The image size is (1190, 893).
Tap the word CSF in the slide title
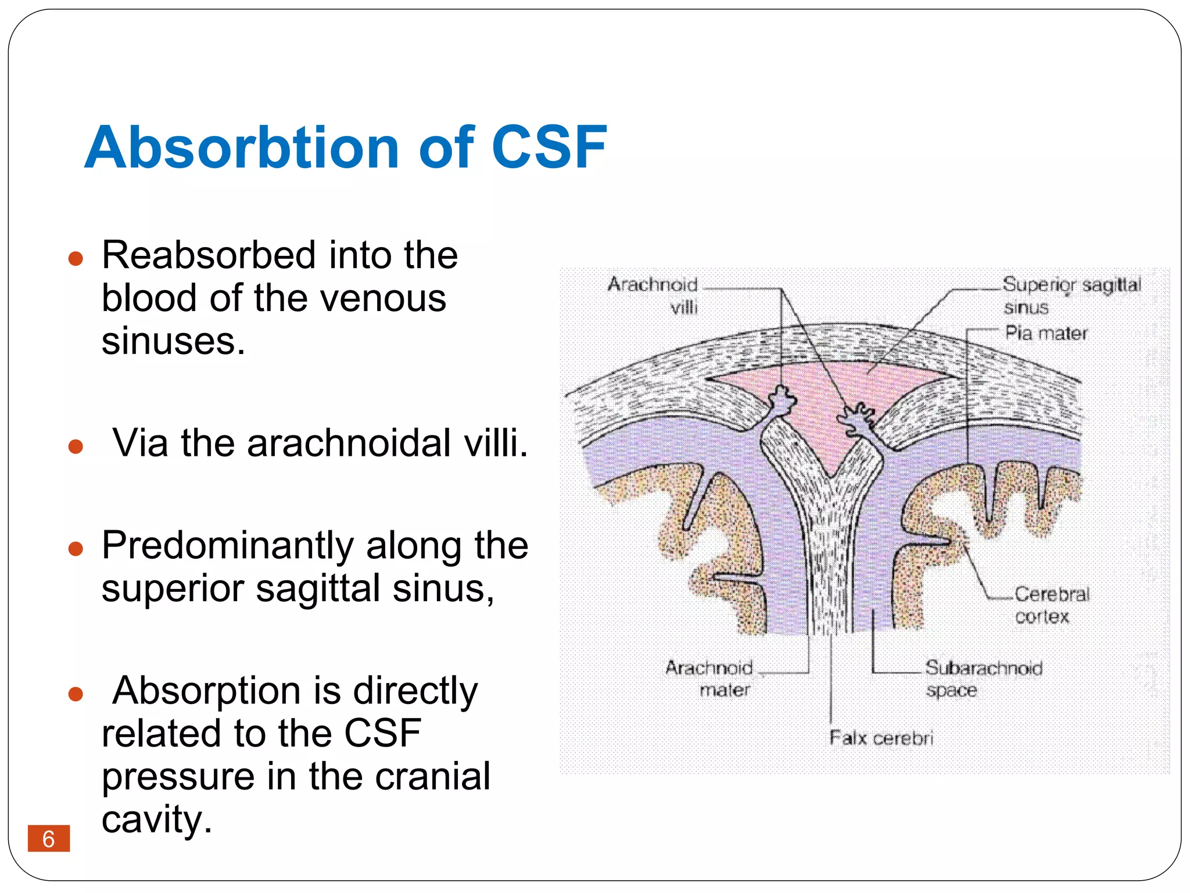pyautogui.click(x=549, y=148)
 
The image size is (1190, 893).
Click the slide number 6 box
pyautogui.click(x=49, y=838)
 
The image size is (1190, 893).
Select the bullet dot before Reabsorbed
pyautogui.click(x=76, y=258)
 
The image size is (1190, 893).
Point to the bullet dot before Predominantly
pyautogui.click(x=76, y=548)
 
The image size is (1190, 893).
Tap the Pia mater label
pyautogui.click(x=1046, y=333)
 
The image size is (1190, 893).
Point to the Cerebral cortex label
pyautogui.click(x=1052, y=605)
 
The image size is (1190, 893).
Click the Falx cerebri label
pyautogui.click(x=881, y=738)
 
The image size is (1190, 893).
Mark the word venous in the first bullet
pyautogui.click(x=383, y=299)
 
